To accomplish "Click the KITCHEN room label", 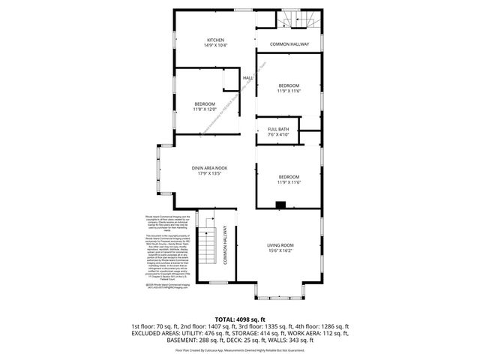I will click(216, 40).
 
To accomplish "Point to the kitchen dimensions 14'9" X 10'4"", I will click(216, 46).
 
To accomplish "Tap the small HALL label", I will click(247, 78).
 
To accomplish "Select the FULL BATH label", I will click(278, 130).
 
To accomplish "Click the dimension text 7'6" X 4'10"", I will click(278, 136).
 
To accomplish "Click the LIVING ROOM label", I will click(281, 245).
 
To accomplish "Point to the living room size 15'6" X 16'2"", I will click(281, 251).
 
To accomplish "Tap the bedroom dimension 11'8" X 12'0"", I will click(205, 109).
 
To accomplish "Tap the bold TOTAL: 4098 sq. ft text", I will click(240, 319).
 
